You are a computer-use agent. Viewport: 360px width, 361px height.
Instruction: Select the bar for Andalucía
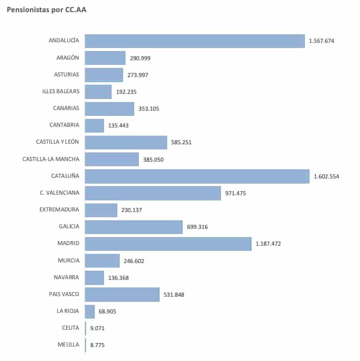pos(194,41)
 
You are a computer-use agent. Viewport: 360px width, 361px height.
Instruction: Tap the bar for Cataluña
pos(197,176)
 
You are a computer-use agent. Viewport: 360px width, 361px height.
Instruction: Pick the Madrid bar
pos(168,244)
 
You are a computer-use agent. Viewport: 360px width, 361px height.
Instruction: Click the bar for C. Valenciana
pos(153,193)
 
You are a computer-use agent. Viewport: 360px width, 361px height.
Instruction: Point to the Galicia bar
pos(134,227)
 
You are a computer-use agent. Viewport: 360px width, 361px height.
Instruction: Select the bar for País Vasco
pos(122,294)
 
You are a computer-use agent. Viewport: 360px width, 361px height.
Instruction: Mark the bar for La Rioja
pos(90,312)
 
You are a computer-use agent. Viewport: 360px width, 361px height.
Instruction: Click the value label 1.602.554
pos(326,177)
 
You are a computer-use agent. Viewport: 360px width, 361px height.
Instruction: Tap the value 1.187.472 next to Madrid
pos(268,244)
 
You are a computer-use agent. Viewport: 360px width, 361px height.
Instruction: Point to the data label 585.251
pos(183,143)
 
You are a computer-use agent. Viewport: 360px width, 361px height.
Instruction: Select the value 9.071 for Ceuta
pos(98,329)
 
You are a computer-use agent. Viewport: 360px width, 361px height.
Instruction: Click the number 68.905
pos(108,312)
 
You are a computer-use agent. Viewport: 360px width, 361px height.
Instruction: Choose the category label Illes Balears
pos(61,92)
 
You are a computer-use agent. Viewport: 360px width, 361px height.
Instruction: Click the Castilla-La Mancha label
pos(51,159)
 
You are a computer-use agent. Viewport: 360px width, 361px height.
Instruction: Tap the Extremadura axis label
pos(59,210)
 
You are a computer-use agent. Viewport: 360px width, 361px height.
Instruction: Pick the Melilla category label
pos(68,345)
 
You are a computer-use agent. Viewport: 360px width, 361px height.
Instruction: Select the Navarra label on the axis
pos(67,278)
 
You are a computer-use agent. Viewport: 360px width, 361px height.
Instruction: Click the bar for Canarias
pos(109,108)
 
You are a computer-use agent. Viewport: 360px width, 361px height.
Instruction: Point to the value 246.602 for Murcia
pos(134,261)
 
